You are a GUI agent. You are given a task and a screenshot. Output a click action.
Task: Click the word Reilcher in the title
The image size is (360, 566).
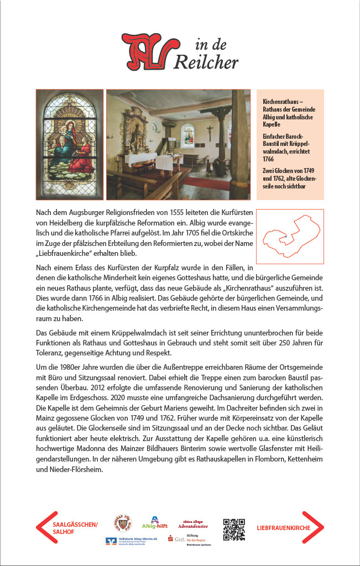[x=206, y=62]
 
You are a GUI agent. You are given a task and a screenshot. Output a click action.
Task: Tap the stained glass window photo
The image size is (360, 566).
[x=70, y=144]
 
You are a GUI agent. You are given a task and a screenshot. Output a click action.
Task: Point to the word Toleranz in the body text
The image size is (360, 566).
[x=54, y=353]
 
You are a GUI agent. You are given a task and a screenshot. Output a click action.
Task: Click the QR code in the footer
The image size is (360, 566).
[x=233, y=529]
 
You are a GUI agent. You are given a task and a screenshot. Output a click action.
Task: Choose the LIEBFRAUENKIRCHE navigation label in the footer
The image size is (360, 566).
[x=284, y=528]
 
